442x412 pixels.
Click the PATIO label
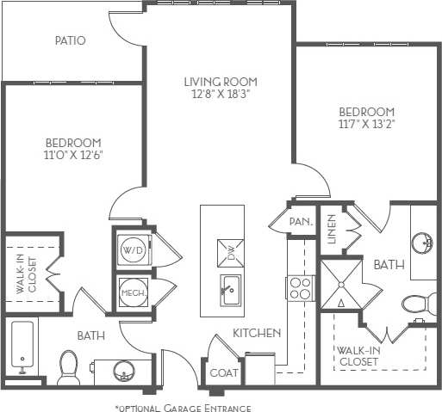pos(70,40)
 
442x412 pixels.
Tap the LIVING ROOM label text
pos(221,83)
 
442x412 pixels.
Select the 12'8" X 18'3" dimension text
pos(221,95)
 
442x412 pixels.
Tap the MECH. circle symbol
pos(133,292)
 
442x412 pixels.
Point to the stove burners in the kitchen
pos(301,287)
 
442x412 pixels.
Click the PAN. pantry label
pos(301,222)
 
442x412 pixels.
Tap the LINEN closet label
pos(333,230)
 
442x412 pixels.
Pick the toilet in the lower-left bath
pos(67,367)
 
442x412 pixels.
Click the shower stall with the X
pos(341,284)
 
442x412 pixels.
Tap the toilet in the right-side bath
pos(419,304)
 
